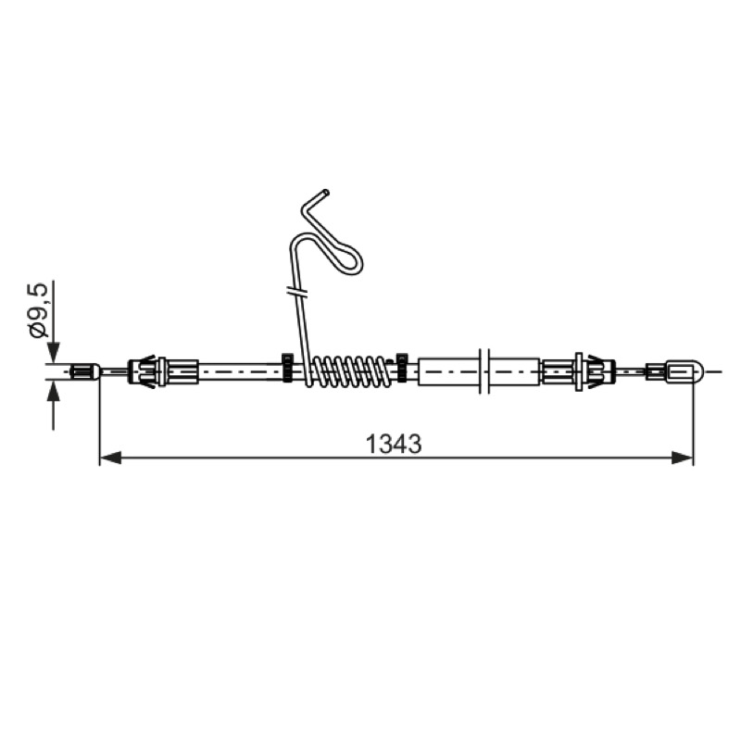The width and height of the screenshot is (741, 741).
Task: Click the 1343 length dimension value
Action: pos(394,445)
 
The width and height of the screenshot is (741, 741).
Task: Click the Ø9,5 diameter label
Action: pos(39,309)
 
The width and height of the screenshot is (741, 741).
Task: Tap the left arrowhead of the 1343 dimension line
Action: pos(110,458)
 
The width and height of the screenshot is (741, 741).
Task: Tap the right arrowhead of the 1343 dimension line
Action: pos(683,458)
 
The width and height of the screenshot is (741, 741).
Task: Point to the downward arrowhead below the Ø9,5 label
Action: pos(54,352)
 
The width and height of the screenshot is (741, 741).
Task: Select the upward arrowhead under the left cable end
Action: pos(54,390)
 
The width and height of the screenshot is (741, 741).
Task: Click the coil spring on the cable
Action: pos(349,371)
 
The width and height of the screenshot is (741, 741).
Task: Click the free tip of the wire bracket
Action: pos(325,193)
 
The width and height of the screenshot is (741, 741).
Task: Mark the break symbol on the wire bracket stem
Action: pos(297,291)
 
